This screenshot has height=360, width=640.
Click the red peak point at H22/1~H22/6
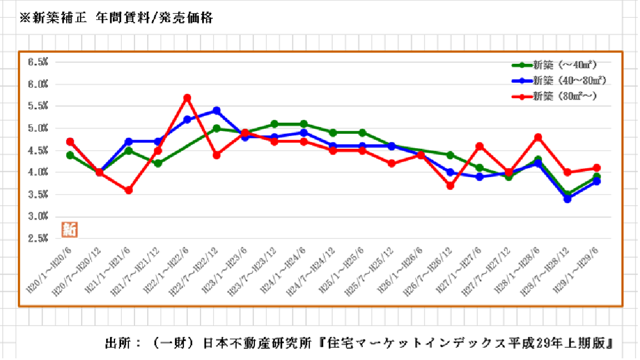pos(187,98)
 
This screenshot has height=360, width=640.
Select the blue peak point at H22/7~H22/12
pos(217,111)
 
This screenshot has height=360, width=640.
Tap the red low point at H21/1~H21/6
pos(128,190)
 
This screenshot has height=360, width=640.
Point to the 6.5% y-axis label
pos(38,62)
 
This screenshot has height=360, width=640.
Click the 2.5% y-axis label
pos(38,238)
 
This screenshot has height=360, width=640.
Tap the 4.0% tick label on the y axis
pos(38,172)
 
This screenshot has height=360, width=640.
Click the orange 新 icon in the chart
pos(70,229)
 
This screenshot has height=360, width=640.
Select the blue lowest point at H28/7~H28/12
pos(567,198)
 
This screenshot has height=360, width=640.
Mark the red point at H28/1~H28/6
pos(538,137)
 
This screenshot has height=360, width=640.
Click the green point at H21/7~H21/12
pos(158,163)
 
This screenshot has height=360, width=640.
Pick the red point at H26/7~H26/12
pos(450,186)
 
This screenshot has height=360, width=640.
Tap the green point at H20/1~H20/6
pos(70,155)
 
